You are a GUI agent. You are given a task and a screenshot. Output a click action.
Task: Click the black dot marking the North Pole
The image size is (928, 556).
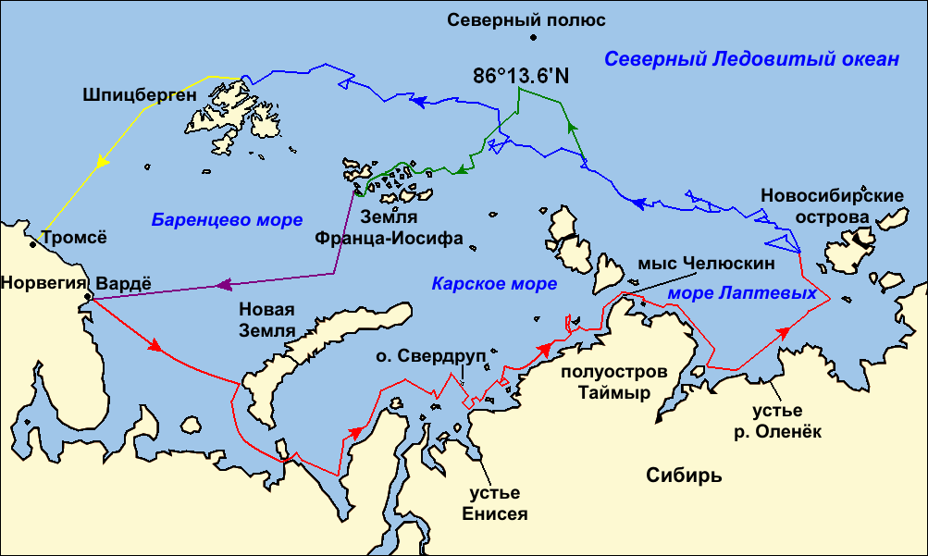(x=534, y=38)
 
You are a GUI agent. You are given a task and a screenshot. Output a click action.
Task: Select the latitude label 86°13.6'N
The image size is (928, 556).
(x=521, y=76)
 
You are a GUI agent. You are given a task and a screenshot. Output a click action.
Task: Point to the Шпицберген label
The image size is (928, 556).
(x=140, y=94)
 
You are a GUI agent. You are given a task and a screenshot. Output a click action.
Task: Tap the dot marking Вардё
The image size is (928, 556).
(x=87, y=297)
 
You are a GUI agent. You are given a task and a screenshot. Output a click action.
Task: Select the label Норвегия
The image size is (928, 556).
(x=43, y=281)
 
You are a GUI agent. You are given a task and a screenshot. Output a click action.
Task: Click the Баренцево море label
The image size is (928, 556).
(x=227, y=220)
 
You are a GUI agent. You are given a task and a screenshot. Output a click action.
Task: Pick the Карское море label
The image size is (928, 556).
(x=494, y=283)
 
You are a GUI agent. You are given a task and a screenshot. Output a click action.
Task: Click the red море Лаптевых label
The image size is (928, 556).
(x=742, y=292)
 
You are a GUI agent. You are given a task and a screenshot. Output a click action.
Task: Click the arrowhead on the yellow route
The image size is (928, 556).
(x=101, y=163)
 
